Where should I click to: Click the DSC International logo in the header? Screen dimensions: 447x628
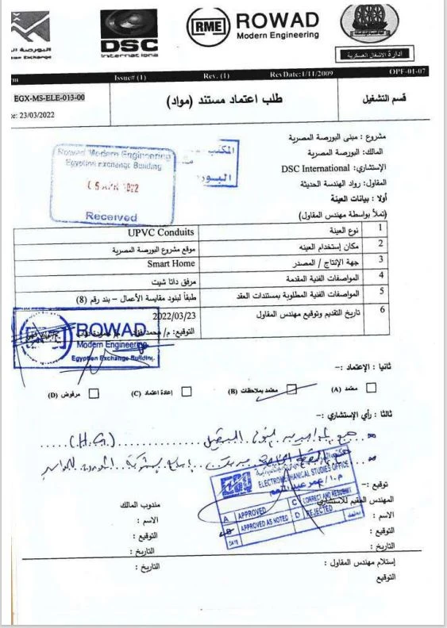point(129,36)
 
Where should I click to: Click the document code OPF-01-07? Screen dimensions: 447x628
point(408,72)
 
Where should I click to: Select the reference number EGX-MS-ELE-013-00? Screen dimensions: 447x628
point(49,98)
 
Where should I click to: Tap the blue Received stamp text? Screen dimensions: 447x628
point(111,216)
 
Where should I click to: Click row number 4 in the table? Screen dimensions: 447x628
point(382,277)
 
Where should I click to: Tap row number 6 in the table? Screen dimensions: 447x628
point(382,308)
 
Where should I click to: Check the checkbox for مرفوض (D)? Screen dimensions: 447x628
point(95,392)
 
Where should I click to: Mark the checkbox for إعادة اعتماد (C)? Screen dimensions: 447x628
point(187,391)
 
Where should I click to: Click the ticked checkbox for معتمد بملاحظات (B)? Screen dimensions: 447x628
point(291,389)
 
